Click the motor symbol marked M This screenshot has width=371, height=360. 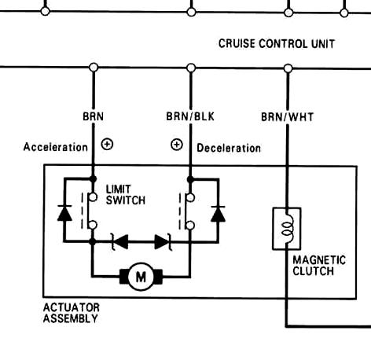(x=141, y=276)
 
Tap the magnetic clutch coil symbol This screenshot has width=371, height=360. (x=287, y=228)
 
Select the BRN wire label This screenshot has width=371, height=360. (x=93, y=117)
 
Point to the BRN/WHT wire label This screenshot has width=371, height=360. (x=287, y=117)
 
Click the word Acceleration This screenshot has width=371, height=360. (x=56, y=147)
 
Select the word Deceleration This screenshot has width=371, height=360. (x=229, y=147)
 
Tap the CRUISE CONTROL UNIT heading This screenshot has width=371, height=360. (x=276, y=44)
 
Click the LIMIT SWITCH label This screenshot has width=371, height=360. (x=125, y=195)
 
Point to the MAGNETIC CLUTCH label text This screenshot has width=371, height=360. (x=313, y=266)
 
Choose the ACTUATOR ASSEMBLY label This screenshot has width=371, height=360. (x=71, y=313)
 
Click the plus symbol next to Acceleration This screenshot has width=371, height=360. (x=108, y=145)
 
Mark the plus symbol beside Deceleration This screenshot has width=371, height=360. (x=176, y=145)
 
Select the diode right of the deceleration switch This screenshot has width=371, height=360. (x=219, y=212)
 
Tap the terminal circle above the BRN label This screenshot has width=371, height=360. (x=94, y=68)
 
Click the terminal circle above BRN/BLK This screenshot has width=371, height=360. (x=190, y=68)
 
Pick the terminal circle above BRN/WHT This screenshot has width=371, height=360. (x=287, y=68)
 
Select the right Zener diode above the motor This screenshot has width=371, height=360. (x=162, y=242)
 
